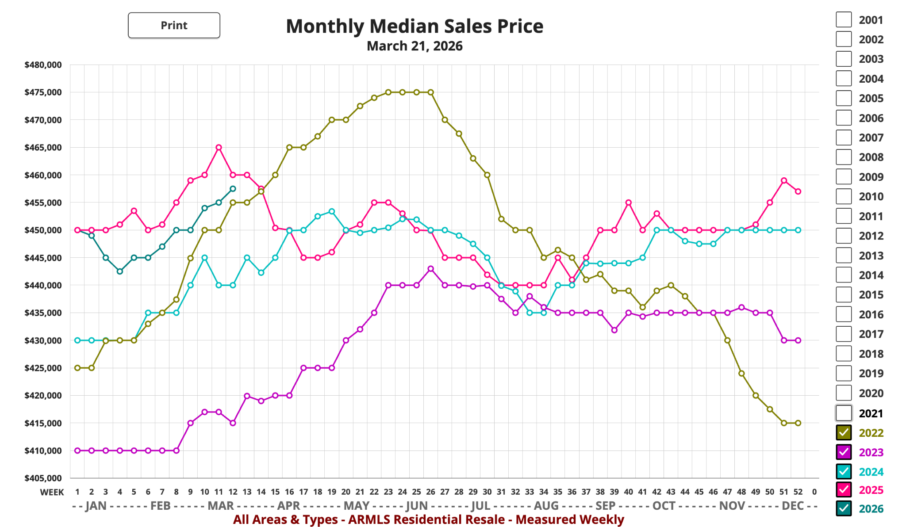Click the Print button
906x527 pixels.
[x=174, y=25]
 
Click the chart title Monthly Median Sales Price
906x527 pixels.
[x=414, y=26]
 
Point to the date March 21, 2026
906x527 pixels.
[x=414, y=46]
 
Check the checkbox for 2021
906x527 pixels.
[x=844, y=413]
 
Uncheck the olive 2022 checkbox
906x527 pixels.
[x=844, y=432]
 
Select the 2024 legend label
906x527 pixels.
[x=871, y=472]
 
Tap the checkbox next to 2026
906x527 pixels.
[x=844, y=508]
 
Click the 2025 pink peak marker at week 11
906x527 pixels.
[x=219, y=147]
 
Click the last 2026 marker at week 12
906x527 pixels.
[x=233, y=189]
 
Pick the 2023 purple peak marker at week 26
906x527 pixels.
[x=430, y=269]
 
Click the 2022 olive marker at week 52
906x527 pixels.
[x=798, y=423]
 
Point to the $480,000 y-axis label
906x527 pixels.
[x=43, y=65]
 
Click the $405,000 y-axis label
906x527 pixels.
[x=43, y=478]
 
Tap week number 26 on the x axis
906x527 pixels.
[x=430, y=492]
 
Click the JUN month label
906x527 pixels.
[x=417, y=505]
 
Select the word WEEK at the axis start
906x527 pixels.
[x=52, y=492]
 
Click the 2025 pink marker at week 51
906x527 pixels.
[x=784, y=180]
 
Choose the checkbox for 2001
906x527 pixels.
[x=844, y=19]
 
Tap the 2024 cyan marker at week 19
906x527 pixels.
[x=332, y=211]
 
